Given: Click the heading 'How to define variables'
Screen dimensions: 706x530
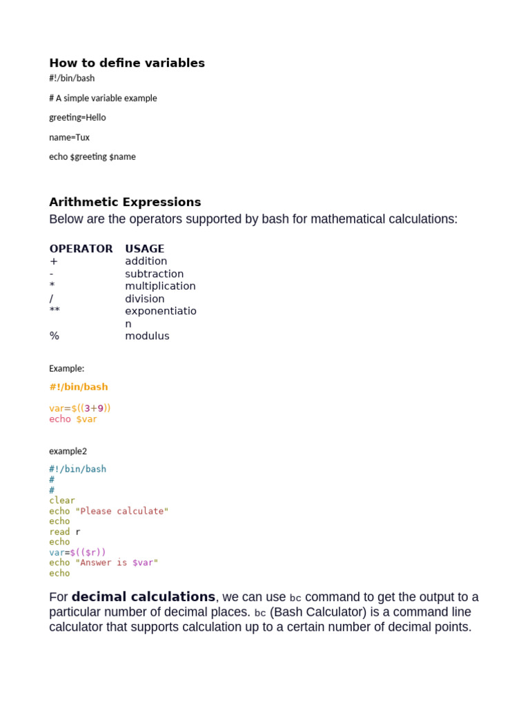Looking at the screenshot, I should coord(127,63).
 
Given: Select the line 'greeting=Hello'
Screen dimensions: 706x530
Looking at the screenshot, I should coord(77,118).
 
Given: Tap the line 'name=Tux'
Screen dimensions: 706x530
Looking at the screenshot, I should coord(69,137).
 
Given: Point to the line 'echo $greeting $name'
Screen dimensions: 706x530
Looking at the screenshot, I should coord(92,157).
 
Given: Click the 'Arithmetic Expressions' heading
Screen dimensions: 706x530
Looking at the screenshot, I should coord(125,202).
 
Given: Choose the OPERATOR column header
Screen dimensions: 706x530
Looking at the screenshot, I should coord(81,248).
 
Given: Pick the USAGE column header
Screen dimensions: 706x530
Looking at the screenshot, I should coord(144,248).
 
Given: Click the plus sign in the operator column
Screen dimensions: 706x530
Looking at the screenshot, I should coord(54,261).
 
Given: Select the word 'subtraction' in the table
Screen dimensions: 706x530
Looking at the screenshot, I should coord(154,274).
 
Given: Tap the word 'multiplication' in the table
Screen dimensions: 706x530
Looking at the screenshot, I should coord(160,286).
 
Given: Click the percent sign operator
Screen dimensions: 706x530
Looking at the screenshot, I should coord(54,336).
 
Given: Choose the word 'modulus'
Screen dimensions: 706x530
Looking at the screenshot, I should coord(147,336).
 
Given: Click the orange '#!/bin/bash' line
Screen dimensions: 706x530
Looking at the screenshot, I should coord(78,387).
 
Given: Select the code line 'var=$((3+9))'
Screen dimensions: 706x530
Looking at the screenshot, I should coord(80,408).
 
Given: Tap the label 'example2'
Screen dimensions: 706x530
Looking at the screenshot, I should coord(68,451).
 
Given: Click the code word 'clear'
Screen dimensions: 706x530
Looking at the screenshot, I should coord(62,501).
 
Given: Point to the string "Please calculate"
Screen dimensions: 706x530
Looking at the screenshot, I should coord(121,511).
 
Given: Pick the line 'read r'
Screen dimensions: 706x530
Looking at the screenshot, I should coord(64,532).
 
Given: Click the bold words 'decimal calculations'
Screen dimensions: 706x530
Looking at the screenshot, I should coord(144,597).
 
